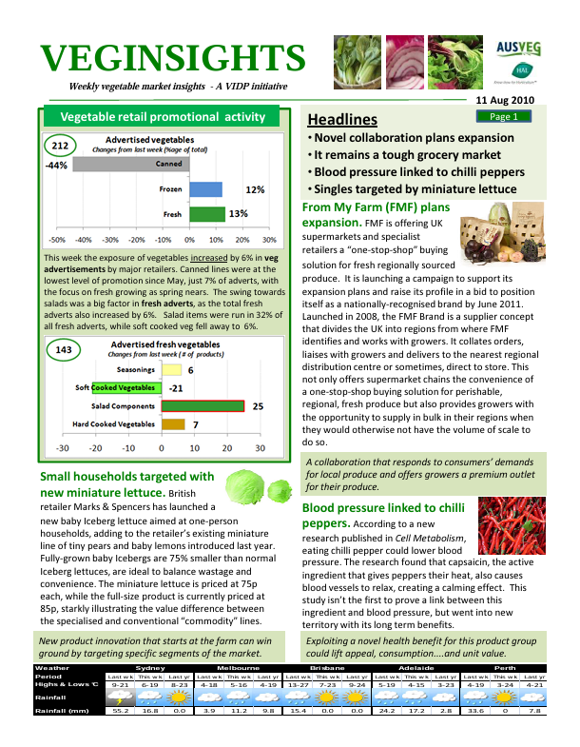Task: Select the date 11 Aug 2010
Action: (x=504, y=100)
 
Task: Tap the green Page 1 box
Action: (x=503, y=117)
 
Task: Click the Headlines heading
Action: (x=342, y=120)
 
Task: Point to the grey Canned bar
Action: (x=129, y=164)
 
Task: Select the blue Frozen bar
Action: (x=206, y=189)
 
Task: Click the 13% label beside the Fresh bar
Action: (x=238, y=213)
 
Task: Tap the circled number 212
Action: (x=61, y=146)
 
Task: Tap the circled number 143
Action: (x=64, y=350)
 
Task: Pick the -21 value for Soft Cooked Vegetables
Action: (x=175, y=388)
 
